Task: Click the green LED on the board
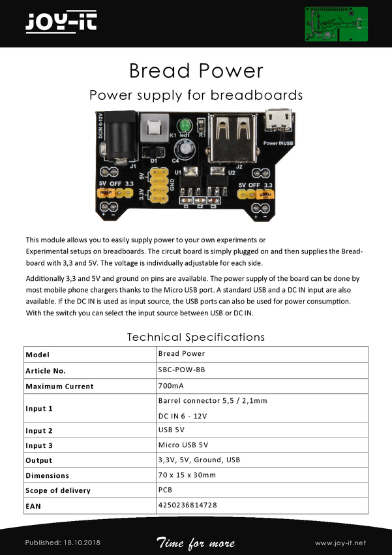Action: click(x=185, y=125)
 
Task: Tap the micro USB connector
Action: click(x=279, y=122)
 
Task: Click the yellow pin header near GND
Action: click(x=157, y=185)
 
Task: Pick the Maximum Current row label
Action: click(x=59, y=387)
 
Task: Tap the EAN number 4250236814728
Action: click(x=187, y=505)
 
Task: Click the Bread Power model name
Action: click(x=181, y=354)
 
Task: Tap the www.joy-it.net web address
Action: click(x=340, y=543)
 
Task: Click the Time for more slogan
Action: click(x=196, y=543)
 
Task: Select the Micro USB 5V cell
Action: click(x=183, y=445)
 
